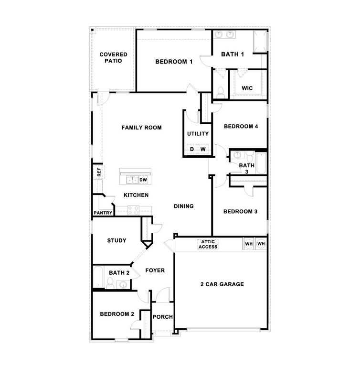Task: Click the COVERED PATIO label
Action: coord(113,58)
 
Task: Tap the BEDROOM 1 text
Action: coord(174,62)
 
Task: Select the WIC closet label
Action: coord(247,88)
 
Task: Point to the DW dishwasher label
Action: coord(143,180)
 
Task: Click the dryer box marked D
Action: coord(192,150)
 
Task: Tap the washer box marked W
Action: coord(203,150)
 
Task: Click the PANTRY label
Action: coord(103,213)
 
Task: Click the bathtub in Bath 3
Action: coord(261,163)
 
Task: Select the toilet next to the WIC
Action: coord(220,92)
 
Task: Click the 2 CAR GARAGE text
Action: coord(222,284)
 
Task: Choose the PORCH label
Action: coord(163,317)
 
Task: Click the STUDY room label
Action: coord(116,240)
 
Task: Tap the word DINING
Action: coord(183,206)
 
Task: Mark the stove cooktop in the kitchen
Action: coord(133,209)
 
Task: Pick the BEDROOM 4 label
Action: coord(241,127)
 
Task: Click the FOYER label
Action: coord(155,270)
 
